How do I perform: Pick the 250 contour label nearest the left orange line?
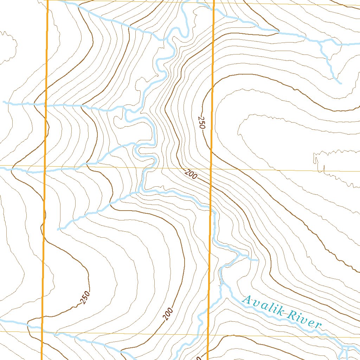click(x=85, y=297)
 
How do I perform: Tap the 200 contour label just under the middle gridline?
click(x=190, y=174)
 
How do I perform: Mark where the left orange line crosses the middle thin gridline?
click(x=45, y=166)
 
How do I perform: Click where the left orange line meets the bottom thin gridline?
click(x=42, y=331)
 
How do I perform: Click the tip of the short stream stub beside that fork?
click(x=258, y=260)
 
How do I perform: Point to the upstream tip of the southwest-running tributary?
click(x=58, y=229)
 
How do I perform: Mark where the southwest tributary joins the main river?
click(x=140, y=192)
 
